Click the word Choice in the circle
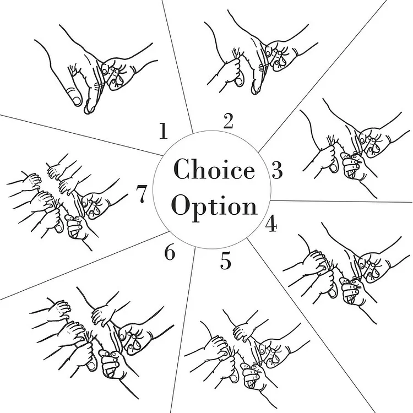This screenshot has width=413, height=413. (214, 169)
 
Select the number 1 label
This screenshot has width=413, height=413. (164, 131)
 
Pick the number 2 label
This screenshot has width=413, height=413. (228, 121)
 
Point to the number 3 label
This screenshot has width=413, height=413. (277, 170)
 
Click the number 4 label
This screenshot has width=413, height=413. (271, 224)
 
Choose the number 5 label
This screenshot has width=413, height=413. (226, 261)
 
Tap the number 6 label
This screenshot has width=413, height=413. (170, 253)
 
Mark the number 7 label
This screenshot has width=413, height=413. (141, 194)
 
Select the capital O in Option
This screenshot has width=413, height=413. (181, 205)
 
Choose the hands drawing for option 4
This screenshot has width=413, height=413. (346, 273)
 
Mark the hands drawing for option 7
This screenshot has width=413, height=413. (67, 202)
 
